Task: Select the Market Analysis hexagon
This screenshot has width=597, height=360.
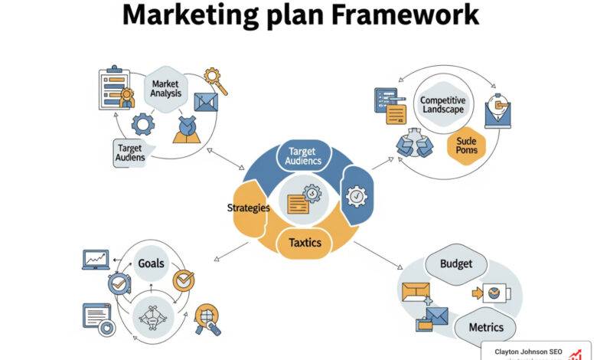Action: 165,87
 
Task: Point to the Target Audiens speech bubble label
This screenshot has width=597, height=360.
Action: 131,152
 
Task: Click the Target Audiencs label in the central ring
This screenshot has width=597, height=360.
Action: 303,156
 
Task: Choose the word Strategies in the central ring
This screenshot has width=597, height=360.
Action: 250,208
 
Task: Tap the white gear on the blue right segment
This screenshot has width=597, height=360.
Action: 357,197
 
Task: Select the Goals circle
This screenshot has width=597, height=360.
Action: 151,263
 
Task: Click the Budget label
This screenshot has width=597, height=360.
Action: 456,264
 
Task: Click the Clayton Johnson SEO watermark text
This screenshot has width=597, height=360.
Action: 527,352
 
